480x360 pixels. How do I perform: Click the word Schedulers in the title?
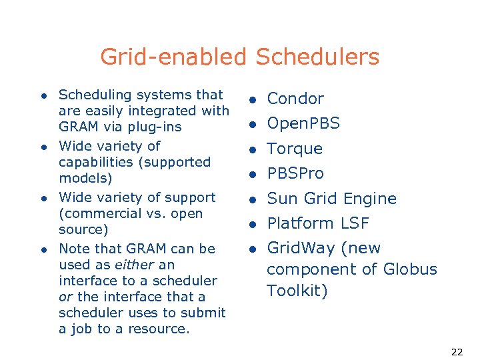pos(317,57)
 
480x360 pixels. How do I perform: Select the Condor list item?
pos(295,99)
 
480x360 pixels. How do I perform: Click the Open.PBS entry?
pos(303,123)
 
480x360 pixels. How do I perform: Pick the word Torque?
pos(295,149)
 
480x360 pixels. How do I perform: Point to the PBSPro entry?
pos(295,173)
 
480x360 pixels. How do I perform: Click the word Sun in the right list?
pos(280,199)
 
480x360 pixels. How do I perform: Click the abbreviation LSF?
pos(355,223)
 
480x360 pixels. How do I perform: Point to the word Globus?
pos(410,269)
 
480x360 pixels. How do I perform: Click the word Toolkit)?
pos(297,291)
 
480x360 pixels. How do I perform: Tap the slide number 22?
pos(457,352)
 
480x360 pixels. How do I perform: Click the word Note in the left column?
pos(73,249)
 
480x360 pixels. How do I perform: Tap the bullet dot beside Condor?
pos(253,100)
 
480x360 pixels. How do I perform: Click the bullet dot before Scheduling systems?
pos(43,96)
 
